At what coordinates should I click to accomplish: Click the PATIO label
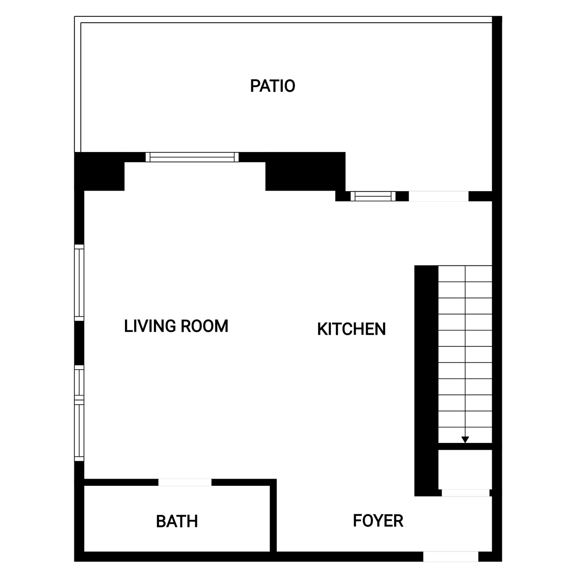tap(273, 86)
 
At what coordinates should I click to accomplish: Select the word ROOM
tap(204, 326)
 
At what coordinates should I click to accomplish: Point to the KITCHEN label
tap(351, 329)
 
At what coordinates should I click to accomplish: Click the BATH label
tap(177, 522)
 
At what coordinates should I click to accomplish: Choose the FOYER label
tap(378, 521)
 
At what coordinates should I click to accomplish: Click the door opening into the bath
tap(185, 482)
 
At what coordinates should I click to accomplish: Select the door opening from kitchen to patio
tap(439, 196)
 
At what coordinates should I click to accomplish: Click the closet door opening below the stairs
tap(466, 493)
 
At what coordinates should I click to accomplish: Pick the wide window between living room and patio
tap(192, 157)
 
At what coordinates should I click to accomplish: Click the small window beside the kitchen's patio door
tap(373, 196)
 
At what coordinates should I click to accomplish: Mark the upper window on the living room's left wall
tap(79, 283)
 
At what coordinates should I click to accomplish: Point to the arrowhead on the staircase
tap(465, 440)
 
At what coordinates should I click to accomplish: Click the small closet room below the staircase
tap(465, 469)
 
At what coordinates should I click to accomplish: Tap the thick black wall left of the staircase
tap(427, 381)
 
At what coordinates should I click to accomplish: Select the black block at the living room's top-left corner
tap(99, 171)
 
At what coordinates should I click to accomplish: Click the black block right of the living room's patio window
tap(305, 172)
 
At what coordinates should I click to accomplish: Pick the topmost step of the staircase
tap(465, 274)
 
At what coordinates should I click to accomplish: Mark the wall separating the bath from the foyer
tap(273, 515)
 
